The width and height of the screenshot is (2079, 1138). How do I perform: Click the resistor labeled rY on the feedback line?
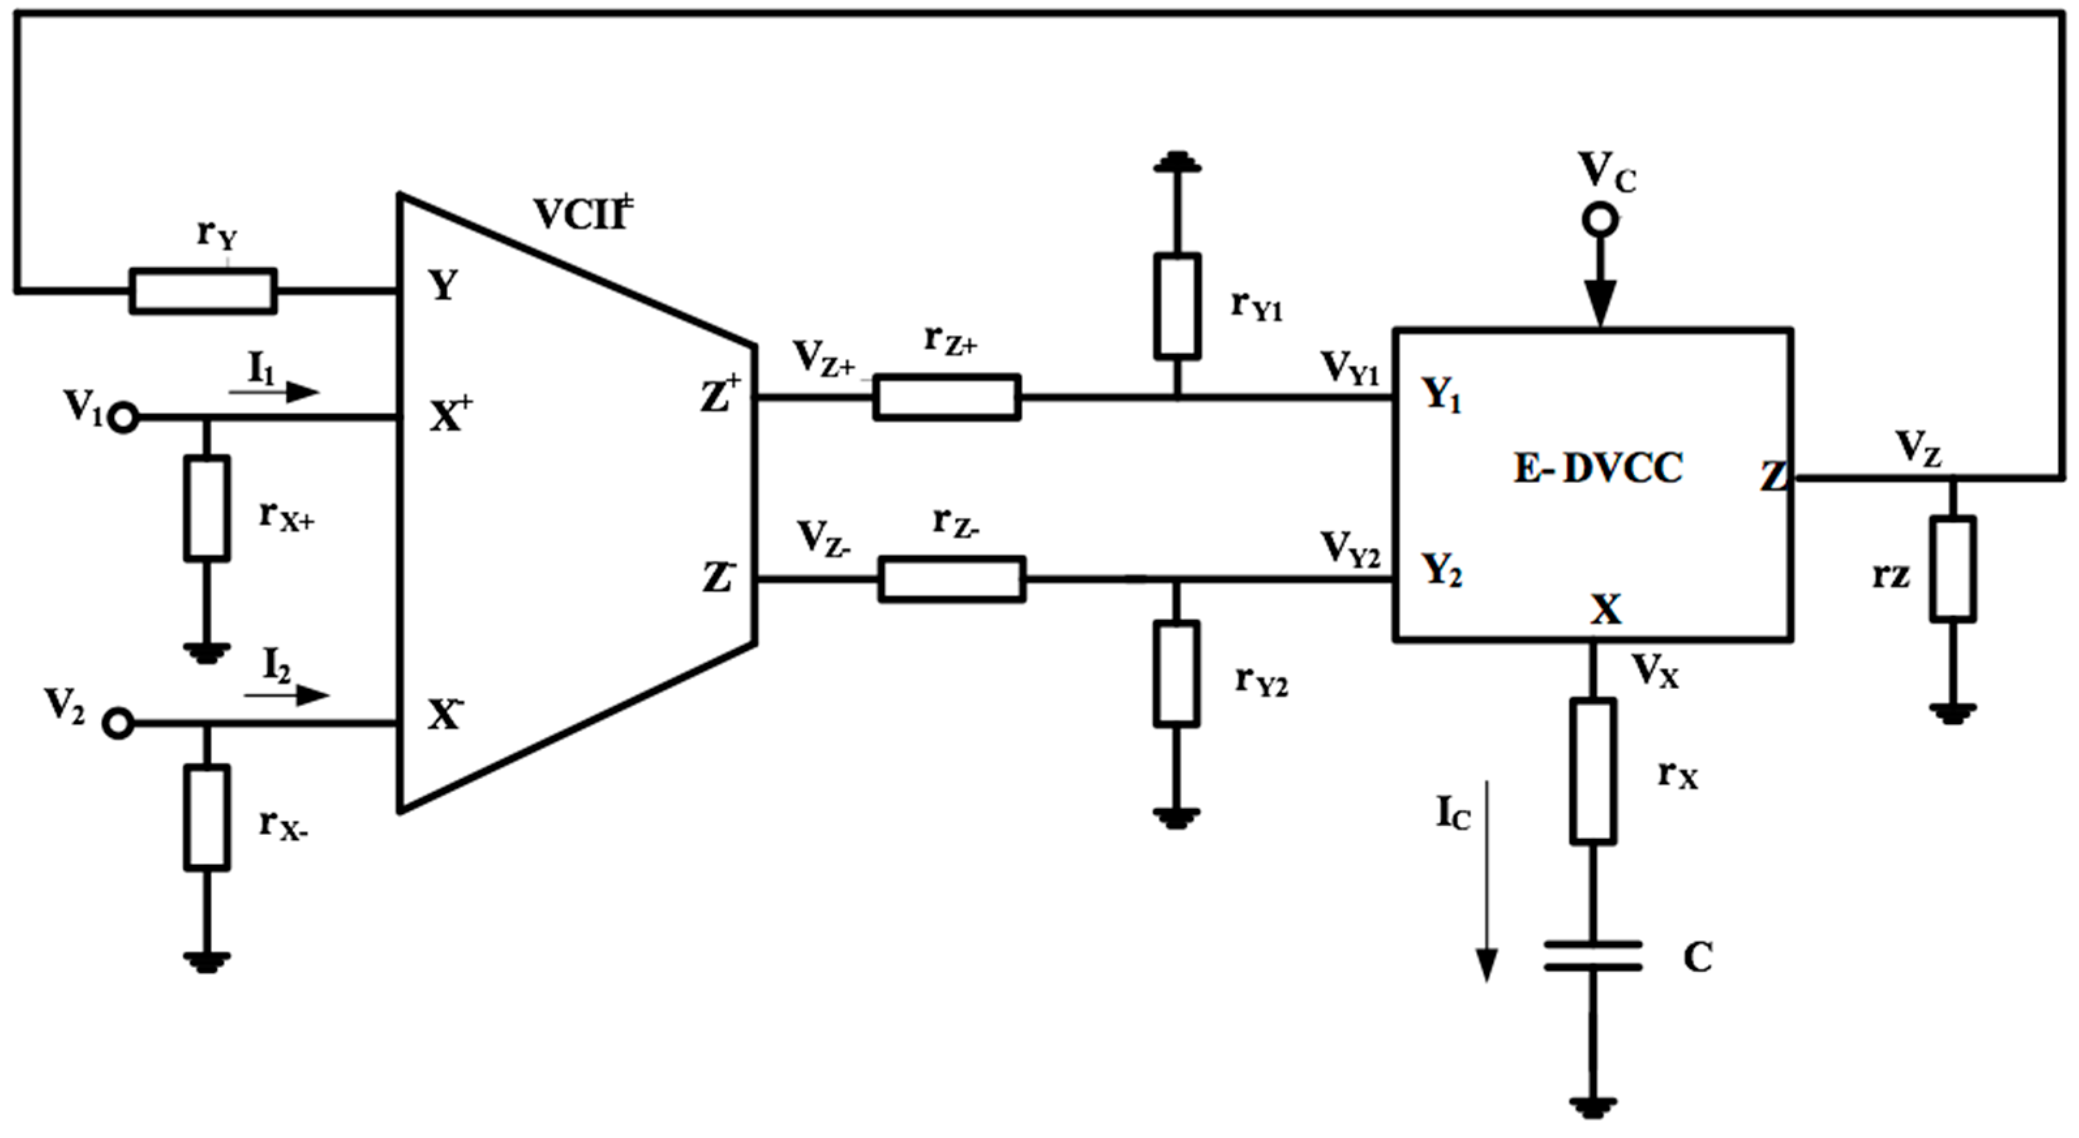coord(203,291)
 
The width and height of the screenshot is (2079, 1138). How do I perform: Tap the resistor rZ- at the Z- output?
coord(952,579)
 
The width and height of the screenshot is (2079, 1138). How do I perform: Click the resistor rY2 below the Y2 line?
coord(1176,673)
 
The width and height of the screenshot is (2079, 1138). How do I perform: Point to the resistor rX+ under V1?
coord(207,508)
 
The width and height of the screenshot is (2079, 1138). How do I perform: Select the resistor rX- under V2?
coord(207,817)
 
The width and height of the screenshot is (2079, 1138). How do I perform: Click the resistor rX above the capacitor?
coord(1593,772)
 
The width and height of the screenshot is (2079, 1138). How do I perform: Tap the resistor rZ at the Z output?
coord(1953,569)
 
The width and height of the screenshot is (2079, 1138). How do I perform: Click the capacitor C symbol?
coord(1593,956)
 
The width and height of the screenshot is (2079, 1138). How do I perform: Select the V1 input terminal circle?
coord(123,418)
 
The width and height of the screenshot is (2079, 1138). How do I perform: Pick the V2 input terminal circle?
coord(118,724)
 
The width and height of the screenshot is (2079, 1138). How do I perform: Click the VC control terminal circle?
coord(1599,220)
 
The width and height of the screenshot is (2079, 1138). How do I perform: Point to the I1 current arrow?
coord(274,392)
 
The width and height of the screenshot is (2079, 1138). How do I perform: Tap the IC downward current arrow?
coord(1487,880)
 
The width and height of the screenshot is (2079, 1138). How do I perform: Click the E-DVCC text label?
coord(1597,468)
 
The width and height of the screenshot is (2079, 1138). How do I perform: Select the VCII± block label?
coord(583,214)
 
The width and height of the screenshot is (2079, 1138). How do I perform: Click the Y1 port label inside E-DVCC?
coord(1442,396)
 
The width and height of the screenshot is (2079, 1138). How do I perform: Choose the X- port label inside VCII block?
coord(446,714)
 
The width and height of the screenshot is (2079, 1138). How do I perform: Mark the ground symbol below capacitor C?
coord(1592,1105)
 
